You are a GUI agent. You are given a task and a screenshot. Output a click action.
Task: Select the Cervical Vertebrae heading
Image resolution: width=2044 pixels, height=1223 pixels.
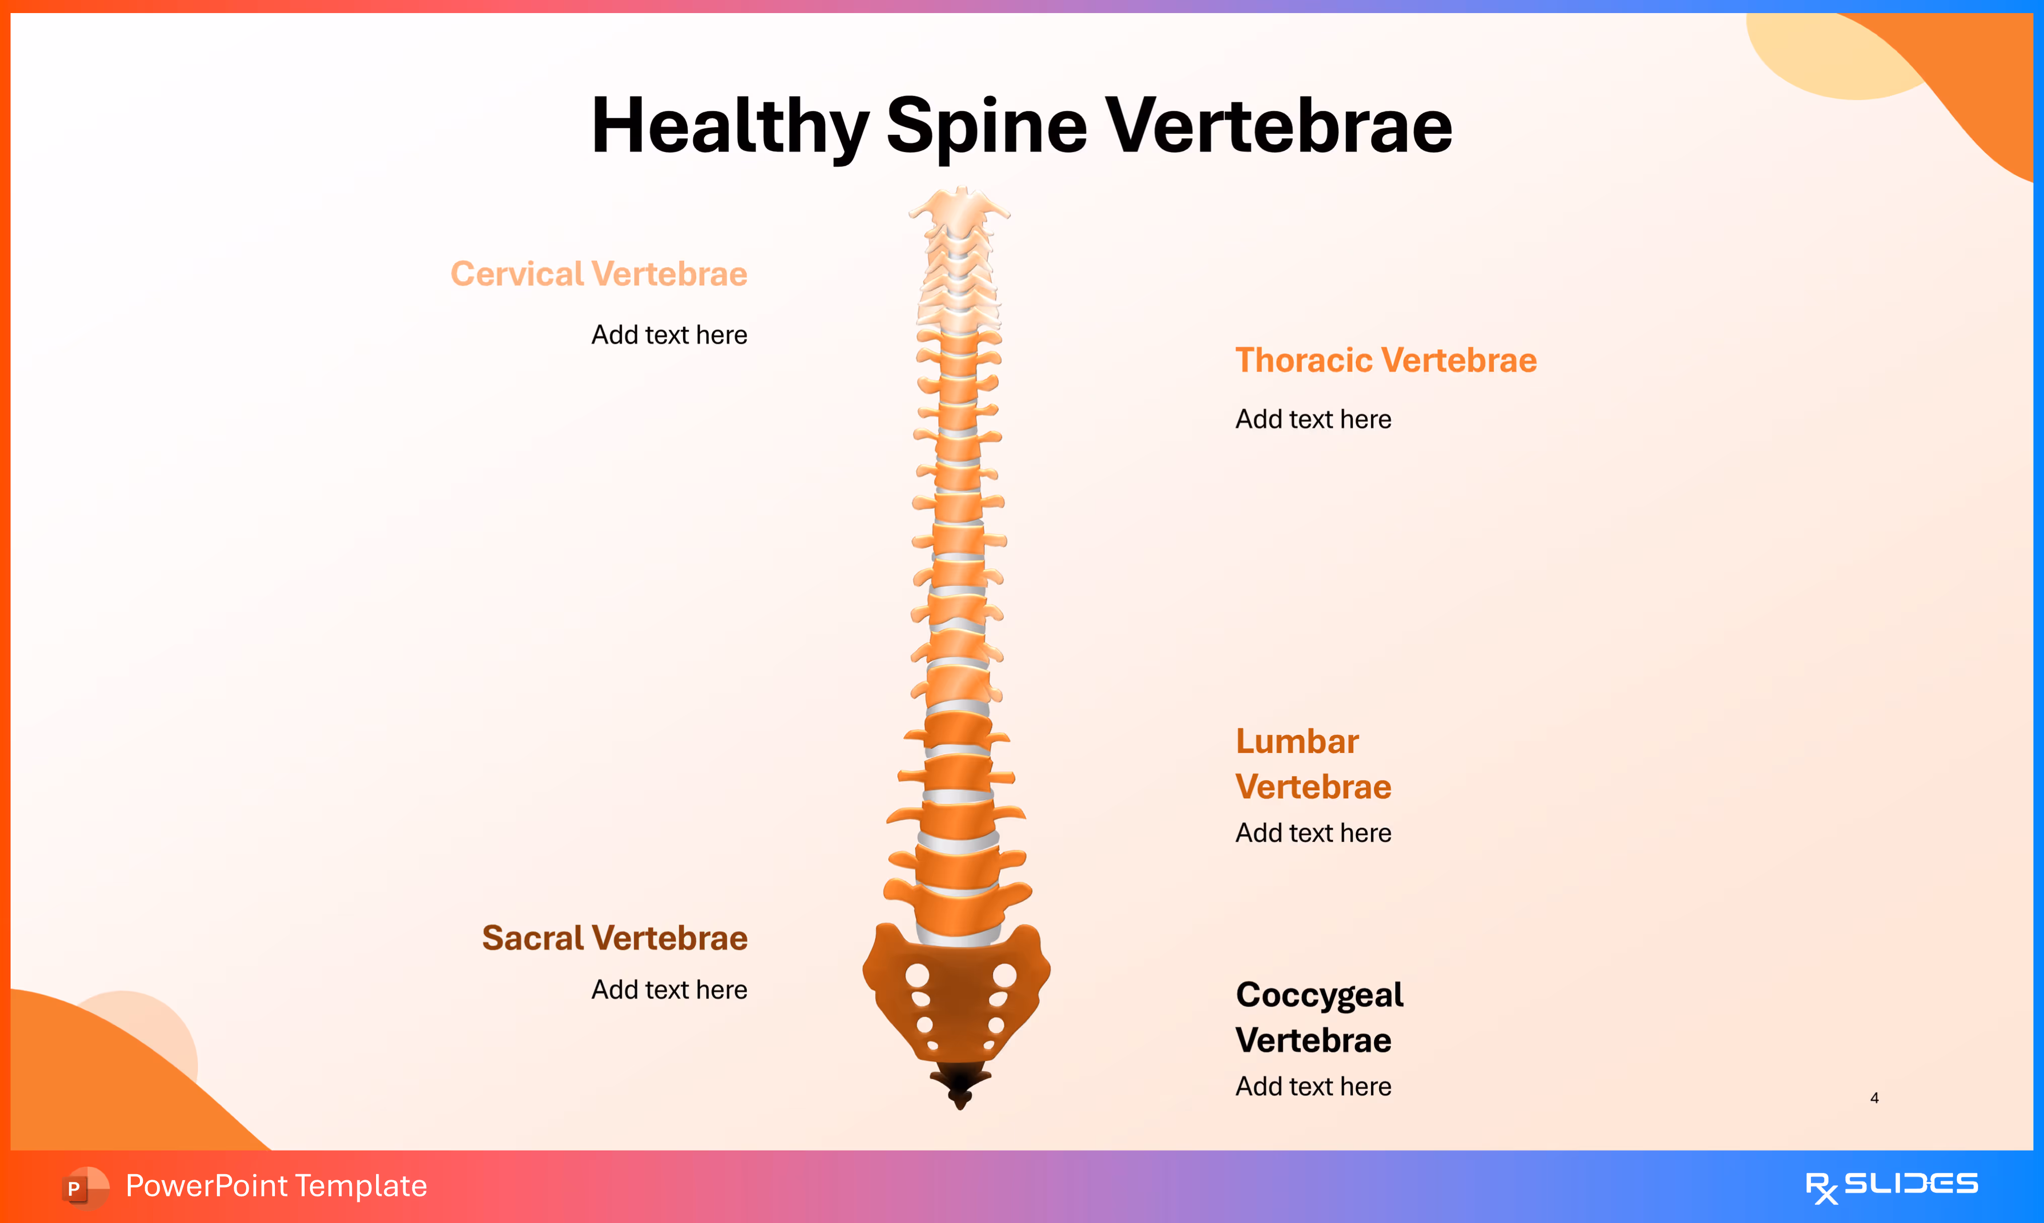click(x=599, y=274)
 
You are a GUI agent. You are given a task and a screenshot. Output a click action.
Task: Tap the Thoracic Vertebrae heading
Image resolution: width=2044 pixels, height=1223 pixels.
click(x=1385, y=360)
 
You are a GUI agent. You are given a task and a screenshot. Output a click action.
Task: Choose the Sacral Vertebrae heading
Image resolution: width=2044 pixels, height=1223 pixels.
click(x=614, y=938)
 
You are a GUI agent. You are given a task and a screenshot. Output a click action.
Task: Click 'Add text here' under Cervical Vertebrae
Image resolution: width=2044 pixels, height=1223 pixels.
click(x=669, y=335)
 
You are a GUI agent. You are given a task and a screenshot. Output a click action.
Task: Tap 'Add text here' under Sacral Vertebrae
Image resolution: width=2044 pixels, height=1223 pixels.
click(x=669, y=989)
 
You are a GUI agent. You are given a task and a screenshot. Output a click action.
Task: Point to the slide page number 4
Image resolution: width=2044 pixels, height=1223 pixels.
click(x=1874, y=1098)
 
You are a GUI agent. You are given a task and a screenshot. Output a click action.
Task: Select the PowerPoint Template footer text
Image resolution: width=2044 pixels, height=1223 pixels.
click(x=276, y=1186)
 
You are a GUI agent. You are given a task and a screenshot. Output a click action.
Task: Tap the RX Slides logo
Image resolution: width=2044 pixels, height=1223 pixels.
click(x=1891, y=1186)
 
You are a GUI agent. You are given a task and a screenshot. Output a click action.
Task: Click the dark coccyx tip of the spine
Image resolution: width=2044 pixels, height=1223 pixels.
click(x=960, y=1084)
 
